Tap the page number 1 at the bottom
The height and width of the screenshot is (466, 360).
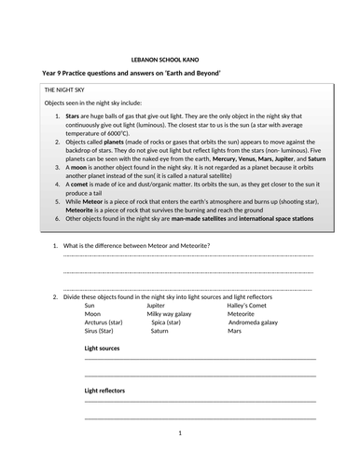point(179,432)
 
